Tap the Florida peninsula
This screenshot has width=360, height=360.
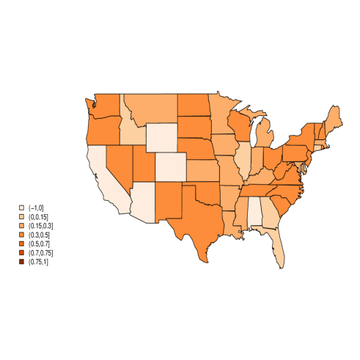click(x=279, y=249)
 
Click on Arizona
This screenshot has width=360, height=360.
click(x=142, y=199)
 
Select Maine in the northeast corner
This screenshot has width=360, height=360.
click(x=333, y=118)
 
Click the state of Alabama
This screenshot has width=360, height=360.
click(x=254, y=212)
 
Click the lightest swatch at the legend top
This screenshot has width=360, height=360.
click(x=21, y=207)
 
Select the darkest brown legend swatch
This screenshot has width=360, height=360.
click(x=21, y=261)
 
